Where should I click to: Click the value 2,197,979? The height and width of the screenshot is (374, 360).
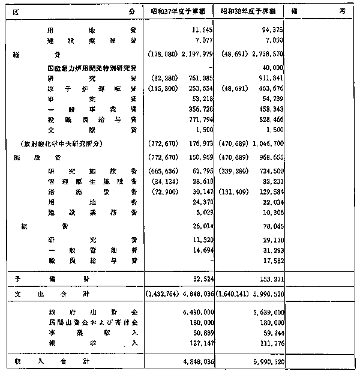(x=193, y=55)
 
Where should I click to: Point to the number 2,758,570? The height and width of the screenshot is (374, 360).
(x=263, y=55)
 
